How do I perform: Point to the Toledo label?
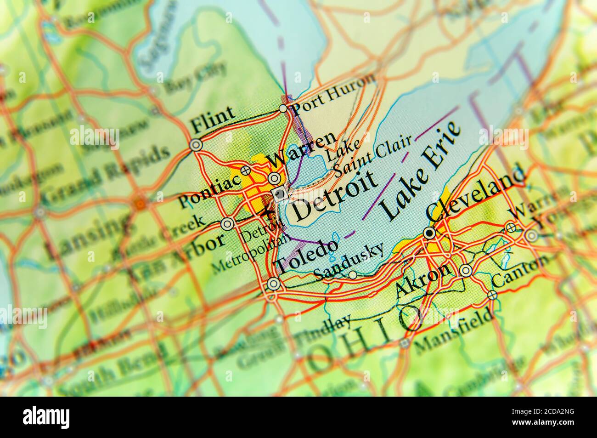point(307,258)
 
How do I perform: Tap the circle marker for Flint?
point(196,145)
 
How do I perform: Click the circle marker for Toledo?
point(273,284)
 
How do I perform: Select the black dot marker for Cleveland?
point(429,233)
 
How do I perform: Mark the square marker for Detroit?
point(280,194)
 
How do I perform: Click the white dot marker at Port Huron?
point(283,109)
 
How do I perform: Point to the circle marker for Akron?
point(466,270)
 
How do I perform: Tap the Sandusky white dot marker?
point(353,275)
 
